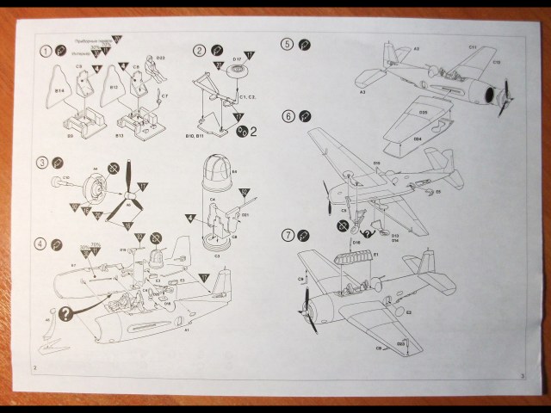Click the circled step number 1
(x=46, y=51)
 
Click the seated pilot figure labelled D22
(x=154, y=68)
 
